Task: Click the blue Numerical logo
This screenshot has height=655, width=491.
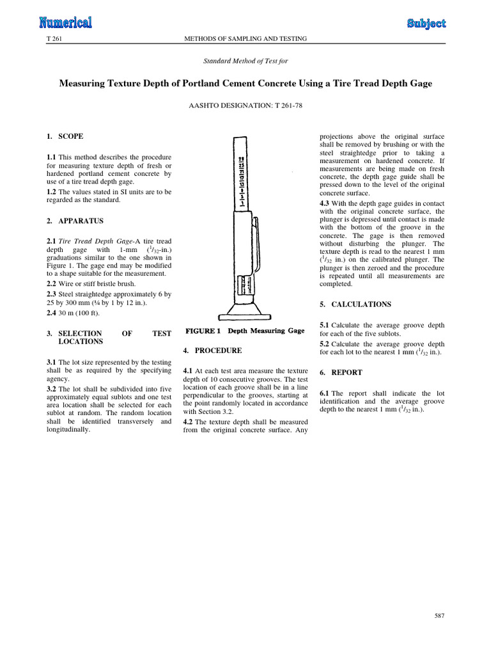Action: [x=66, y=22]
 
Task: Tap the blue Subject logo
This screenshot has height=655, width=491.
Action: [x=426, y=24]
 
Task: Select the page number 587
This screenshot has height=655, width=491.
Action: [x=440, y=615]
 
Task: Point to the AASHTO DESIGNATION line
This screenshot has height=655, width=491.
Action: [x=245, y=106]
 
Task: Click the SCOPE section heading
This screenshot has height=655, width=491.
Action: [x=70, y=136]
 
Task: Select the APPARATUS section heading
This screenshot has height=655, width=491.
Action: [x=81, y=221]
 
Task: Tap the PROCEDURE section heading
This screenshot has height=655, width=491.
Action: [x=218, y=351]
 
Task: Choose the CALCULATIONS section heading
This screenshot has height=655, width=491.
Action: [x=361, y=304]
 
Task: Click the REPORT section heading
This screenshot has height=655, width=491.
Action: [x=347, y=372]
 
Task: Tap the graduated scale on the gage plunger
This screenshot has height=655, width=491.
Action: [x=241, y=182]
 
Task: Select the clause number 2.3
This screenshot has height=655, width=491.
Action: [x=51, y=294]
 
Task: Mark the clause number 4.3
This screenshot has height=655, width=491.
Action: [x=324, y=203]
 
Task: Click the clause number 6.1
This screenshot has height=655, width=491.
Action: [x=324, y=393]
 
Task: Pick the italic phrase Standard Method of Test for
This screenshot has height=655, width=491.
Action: [x=245, y=61]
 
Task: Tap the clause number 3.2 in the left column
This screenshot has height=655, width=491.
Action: [x=51, y=389]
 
